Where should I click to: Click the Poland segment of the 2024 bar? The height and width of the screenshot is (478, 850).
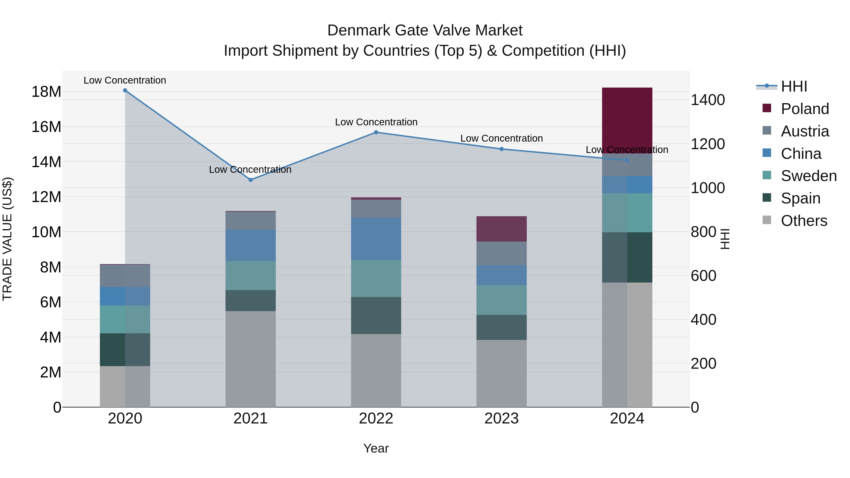click(x=627, y=120)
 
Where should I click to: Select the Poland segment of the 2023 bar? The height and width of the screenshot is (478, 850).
click(x=501, y=229)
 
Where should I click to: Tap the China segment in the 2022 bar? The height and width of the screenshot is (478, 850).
click(x=376, y=239)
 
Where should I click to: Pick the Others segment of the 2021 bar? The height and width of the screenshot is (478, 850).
click(x=251, y=359)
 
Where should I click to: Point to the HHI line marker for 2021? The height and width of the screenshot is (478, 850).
click(x=251, y=180)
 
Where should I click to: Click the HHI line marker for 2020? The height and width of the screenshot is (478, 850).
click(x=125, y=90)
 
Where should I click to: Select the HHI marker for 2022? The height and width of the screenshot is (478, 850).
click(x=376, y=132)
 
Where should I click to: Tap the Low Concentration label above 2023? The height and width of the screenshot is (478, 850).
click(x=501, y=139)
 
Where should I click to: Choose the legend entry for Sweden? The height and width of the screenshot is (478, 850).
click(x=808, y=176)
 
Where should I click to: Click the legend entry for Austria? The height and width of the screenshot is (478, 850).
click(x=804, y=131)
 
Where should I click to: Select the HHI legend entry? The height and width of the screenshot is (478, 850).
click(x=794, y=86)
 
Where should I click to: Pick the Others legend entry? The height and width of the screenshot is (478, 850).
click(x=804, y=221)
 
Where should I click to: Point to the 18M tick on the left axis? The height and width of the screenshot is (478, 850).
click(x=46, y=92)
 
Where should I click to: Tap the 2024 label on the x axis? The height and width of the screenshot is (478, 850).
click(x=627, y=419)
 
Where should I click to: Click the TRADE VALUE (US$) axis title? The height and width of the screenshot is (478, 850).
click(x=7, y=239)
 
